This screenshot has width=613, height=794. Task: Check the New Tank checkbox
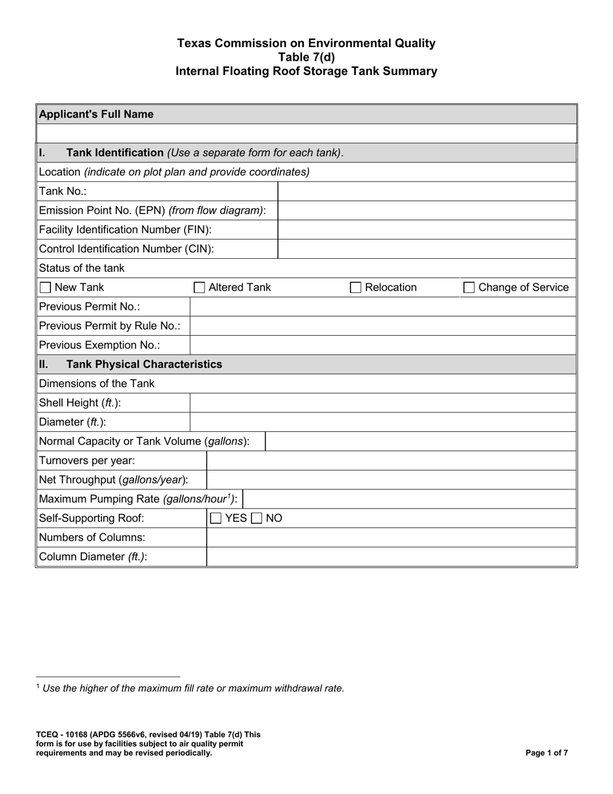(45, 288)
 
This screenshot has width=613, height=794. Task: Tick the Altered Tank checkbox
(200, 288)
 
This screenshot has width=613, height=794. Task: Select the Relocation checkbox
(356, 288)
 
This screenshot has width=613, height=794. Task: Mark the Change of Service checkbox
(469, 288)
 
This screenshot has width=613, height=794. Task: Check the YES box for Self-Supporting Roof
(216, 518)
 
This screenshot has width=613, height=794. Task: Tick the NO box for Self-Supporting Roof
(256, 518)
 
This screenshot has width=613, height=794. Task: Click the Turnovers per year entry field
(390, 461)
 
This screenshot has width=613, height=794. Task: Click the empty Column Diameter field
(390, 556)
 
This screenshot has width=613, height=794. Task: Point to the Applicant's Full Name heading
(97, 114)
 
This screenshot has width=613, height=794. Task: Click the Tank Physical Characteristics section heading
(144, 364)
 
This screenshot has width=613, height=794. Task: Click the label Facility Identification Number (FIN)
(125, 230)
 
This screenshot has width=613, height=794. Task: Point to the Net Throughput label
(114, 480)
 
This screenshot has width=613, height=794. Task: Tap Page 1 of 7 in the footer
(547, 753)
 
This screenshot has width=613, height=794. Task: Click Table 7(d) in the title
(306, 57)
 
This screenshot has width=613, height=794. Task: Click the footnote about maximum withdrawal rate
(193, 688)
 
